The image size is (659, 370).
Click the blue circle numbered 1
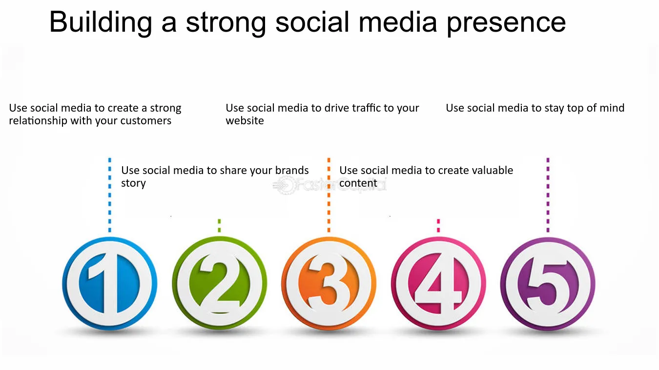coord(109,283)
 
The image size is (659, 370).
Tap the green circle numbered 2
coord(219,283)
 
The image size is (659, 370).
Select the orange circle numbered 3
coord(329,283)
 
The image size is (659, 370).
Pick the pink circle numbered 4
coord(438,283)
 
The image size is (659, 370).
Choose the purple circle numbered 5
coord(548,283)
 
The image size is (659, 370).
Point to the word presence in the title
coord(506,24)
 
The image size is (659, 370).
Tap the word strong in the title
coord(226,23)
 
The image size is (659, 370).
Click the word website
coord(245,121)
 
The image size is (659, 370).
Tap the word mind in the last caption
coord(613,108)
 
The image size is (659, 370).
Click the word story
coord(133,183)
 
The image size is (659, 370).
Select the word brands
coord(291,170)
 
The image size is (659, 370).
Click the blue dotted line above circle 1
coord(110,195)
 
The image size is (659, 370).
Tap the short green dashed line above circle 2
coord(219,226)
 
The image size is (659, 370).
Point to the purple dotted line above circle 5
coord(548,195)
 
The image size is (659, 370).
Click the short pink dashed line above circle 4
coord(438,226)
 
